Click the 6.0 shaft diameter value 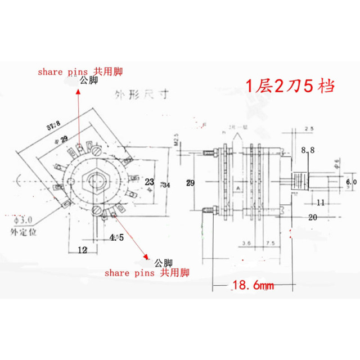(350, 182)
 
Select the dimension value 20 (314, 217)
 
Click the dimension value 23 (149, 182)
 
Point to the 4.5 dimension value (116, 237)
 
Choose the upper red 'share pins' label (80, 71)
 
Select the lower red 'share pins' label (147, 273)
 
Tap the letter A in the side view (238, 187)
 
